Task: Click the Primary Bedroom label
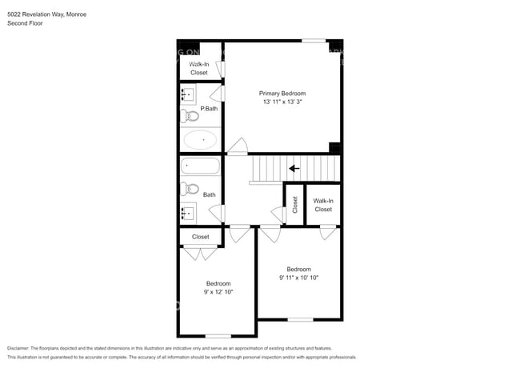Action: pyautogui.click(x=282, y=94)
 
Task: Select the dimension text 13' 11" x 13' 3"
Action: pyautogui.click(x=282, y=102)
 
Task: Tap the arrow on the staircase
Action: pyautogui.click(x=294, y=168)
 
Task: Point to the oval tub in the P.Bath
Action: pyautogui.click(x=200, y=139)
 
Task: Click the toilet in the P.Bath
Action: pyautogui.click(x=190, y=116)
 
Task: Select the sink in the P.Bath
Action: pyautogui.click(x=187, y=95)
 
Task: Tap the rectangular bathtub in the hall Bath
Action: pyautogui.click(x=200, y=166)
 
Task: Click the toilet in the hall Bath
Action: pyautogui.click(x=190, y=190)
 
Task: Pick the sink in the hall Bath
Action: pyautogui.click(x=187, y=213)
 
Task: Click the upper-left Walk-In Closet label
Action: pyautogui.click(x=198, y=68)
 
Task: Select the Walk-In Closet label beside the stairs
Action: pyautogui.click(x=322, y=205)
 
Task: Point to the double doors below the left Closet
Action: pyautogui.click(x=200, y=254)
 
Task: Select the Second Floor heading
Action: pyautogui.click(x=25, y=24)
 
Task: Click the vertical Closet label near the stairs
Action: pyautogui.click(x=294, y=205)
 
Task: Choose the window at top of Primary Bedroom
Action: pyautogui.click(x=314, y=41)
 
